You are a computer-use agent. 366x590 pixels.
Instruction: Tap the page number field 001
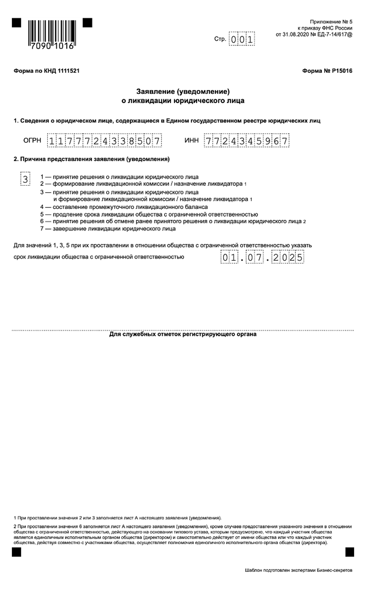point(241,39)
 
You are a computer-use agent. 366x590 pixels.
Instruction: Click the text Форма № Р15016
point(327,71)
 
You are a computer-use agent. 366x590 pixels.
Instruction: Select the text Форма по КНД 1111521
point(47,71)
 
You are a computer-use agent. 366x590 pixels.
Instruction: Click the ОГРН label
point(32,140)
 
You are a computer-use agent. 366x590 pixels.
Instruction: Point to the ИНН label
point(191,140)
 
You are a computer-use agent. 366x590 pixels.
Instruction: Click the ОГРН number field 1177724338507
point(104,141)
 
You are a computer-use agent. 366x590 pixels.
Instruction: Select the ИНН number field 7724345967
point(246,141)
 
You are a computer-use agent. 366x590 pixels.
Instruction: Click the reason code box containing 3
point(25,179)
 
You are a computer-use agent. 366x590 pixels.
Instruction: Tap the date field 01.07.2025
point(262,258)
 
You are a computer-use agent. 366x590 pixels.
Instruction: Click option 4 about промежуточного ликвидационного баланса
point(124,207)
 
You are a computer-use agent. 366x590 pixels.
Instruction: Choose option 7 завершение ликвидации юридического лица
point(108,229)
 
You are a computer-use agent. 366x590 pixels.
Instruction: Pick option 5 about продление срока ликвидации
point(149,215)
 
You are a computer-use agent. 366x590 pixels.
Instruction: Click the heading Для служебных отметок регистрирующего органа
point(183,334)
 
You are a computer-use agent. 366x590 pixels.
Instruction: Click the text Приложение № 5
point(331,22)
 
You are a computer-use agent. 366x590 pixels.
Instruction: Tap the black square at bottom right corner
point(350,552)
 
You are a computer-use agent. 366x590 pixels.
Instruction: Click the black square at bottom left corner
point(16,552)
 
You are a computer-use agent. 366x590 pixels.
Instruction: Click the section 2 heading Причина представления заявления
point(92,159)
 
